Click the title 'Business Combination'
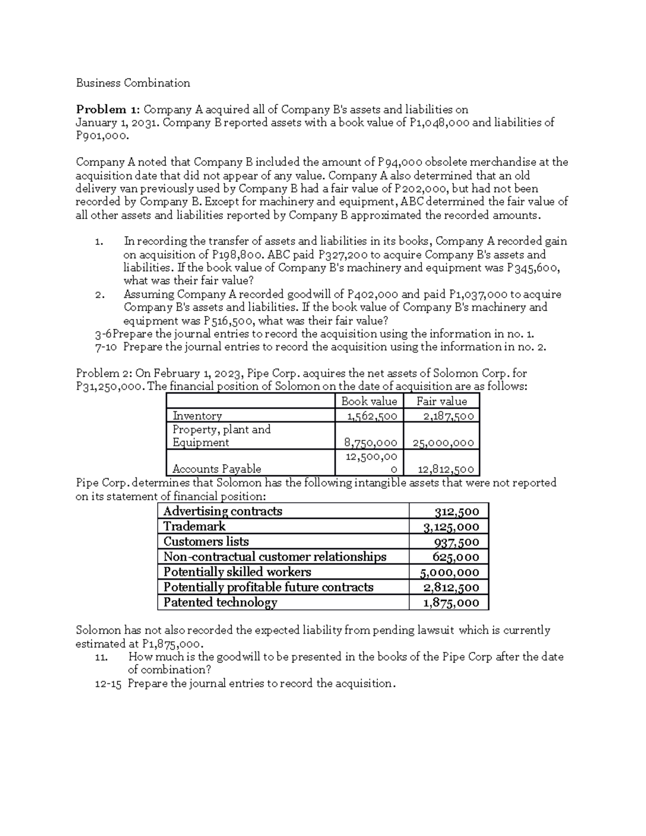pos(133,83)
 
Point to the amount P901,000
pos(102,136)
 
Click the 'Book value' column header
pos(369,401)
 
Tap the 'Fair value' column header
pos(441,401)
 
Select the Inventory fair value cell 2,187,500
pos(448,416)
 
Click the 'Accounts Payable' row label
pos(216,469)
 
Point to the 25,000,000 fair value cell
pos(443,442)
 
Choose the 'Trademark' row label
pos(194,526)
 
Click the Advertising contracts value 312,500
pos(457,511)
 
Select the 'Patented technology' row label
pos(220,602)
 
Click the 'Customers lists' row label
pos(206,542)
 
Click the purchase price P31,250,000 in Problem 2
pos(109,387)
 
